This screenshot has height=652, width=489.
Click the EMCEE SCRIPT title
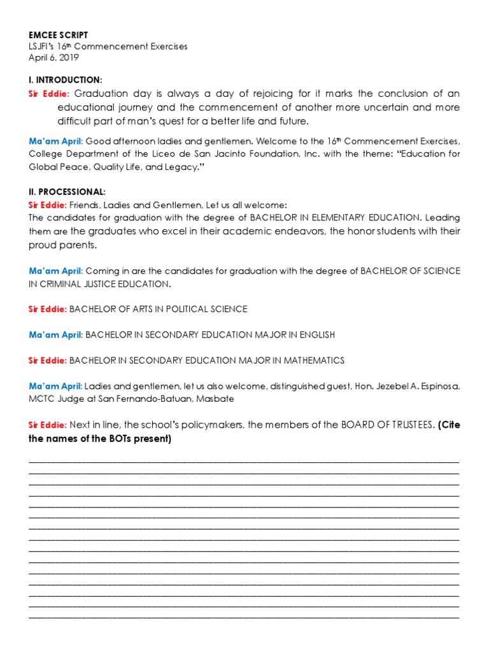(x=58, y=36)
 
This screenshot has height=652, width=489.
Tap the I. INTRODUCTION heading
(x=65, y=80)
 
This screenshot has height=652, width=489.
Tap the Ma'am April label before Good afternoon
(x=55, y=141)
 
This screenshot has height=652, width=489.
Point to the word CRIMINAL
(x=63, y=283)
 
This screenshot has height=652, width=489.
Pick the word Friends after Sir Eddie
(x=83, y=205)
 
